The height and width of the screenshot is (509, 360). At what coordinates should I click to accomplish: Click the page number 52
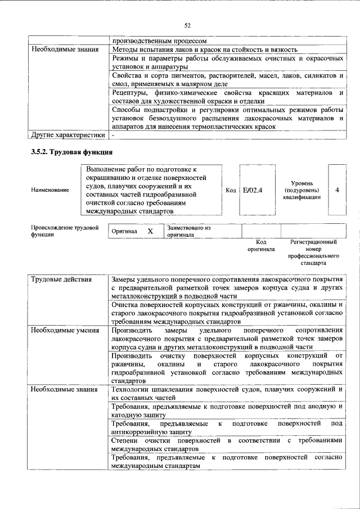[x=187, y=25]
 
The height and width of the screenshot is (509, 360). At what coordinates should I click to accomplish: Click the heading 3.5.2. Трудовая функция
[x=72, y=152]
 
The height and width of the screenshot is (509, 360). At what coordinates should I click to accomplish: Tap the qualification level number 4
[x=336, y=190]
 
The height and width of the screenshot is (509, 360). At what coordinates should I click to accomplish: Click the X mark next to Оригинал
[x=150, y=231]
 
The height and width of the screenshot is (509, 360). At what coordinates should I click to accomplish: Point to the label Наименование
[x=50, y=190]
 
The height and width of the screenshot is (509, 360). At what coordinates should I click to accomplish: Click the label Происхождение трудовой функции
[x=65, y=231]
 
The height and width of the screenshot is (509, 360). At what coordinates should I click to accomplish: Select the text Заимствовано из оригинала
[x=188, y=231]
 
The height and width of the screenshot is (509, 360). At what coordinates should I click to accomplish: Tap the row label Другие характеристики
[x=67, y=136]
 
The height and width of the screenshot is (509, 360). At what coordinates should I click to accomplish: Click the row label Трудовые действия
[x=59, y=280]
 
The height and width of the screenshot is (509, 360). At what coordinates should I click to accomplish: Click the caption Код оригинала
[x=261, y=245]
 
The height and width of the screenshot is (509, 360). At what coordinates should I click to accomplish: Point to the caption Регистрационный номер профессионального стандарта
[x=313, y=252]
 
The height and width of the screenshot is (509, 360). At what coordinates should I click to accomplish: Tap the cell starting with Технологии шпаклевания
[x=227, y=393]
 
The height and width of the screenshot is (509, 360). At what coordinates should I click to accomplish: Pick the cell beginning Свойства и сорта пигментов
[x=227, y=79]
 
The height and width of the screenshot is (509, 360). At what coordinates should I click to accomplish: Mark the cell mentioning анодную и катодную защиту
[x=227, y=410]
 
